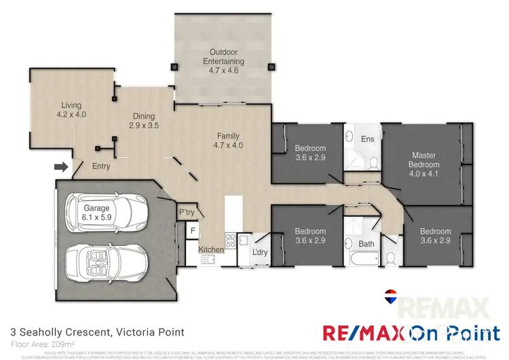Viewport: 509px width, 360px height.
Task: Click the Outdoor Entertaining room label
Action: (x=222, y=56)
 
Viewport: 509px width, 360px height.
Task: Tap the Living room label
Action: (x=71, y=110)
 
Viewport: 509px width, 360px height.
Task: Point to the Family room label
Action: (x=228, y=140)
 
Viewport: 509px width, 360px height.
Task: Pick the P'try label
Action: (x=187, y=213)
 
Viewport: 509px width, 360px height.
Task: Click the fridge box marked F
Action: (x=192, y=231)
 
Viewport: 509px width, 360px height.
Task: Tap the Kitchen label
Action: (x=212, y=250)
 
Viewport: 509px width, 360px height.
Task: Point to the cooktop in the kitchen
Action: (x=230, y=240)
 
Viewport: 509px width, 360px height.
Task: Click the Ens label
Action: (x=368, y=139)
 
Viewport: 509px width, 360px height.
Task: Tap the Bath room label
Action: (x=366, y=243)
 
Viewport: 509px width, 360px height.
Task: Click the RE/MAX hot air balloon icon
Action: (x=390, y=295)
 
